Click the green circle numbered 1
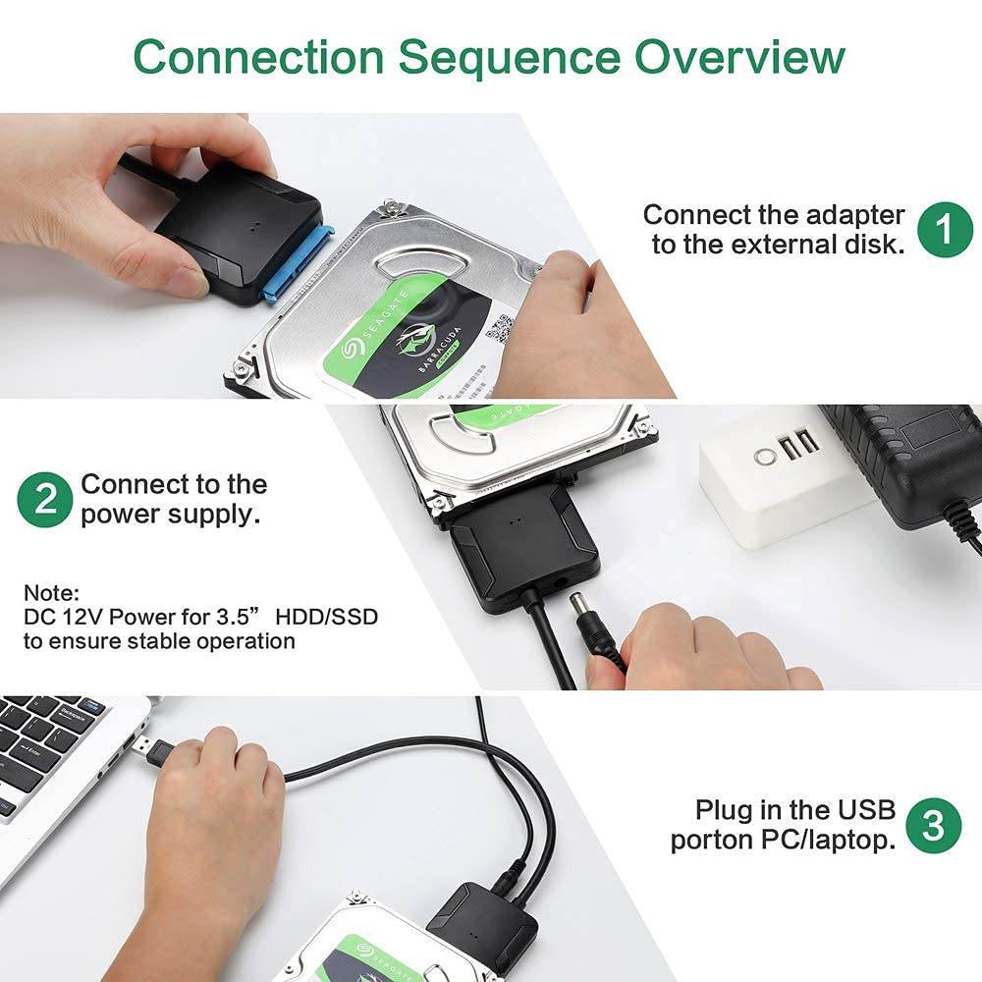click(945, 229)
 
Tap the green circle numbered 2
click(45, 500)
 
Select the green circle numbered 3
click(933, 826)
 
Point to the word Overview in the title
click(738, 57)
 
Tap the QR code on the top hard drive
click(499, 328)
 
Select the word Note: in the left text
click(51, 593)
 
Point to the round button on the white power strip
click(764, 457)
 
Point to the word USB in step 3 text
click(866, 810)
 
